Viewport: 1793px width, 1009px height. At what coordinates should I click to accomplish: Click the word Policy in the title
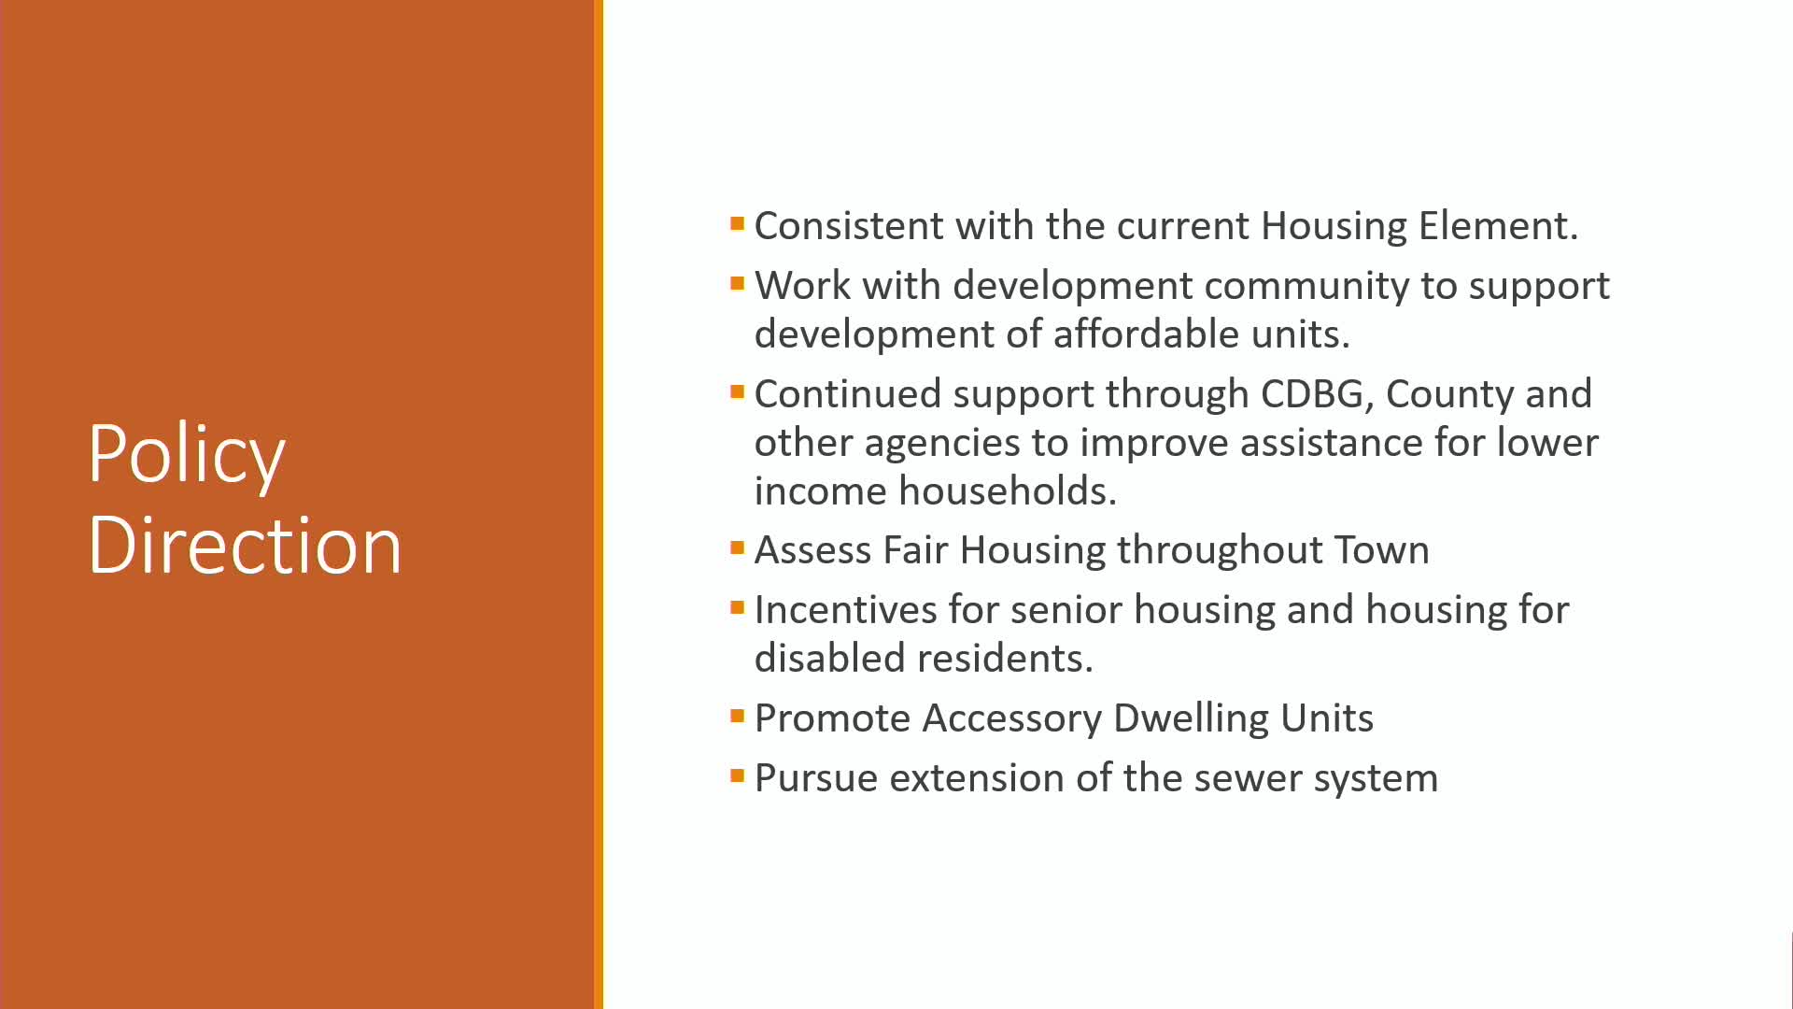pyautogui.click(x=187, y=455)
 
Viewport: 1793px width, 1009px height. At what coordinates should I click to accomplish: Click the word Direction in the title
pyautogui.click(x=245, y=545)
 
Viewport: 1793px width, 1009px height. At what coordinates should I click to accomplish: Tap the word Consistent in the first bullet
pyautogui.click(x=849, y=226)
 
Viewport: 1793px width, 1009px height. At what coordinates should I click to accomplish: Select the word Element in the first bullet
pyautogui.click(x=1498, y=226)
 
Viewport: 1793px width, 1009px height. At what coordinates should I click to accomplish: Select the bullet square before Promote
pyautogui.click(x=738, y=717)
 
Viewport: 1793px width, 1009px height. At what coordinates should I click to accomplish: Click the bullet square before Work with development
pyautogui.click(x=738, y=283)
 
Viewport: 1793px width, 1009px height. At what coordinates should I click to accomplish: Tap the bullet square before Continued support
pyautogui.click(x=738, y=391)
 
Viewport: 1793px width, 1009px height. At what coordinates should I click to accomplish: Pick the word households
pyautogui.click(x=1008, y=491)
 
